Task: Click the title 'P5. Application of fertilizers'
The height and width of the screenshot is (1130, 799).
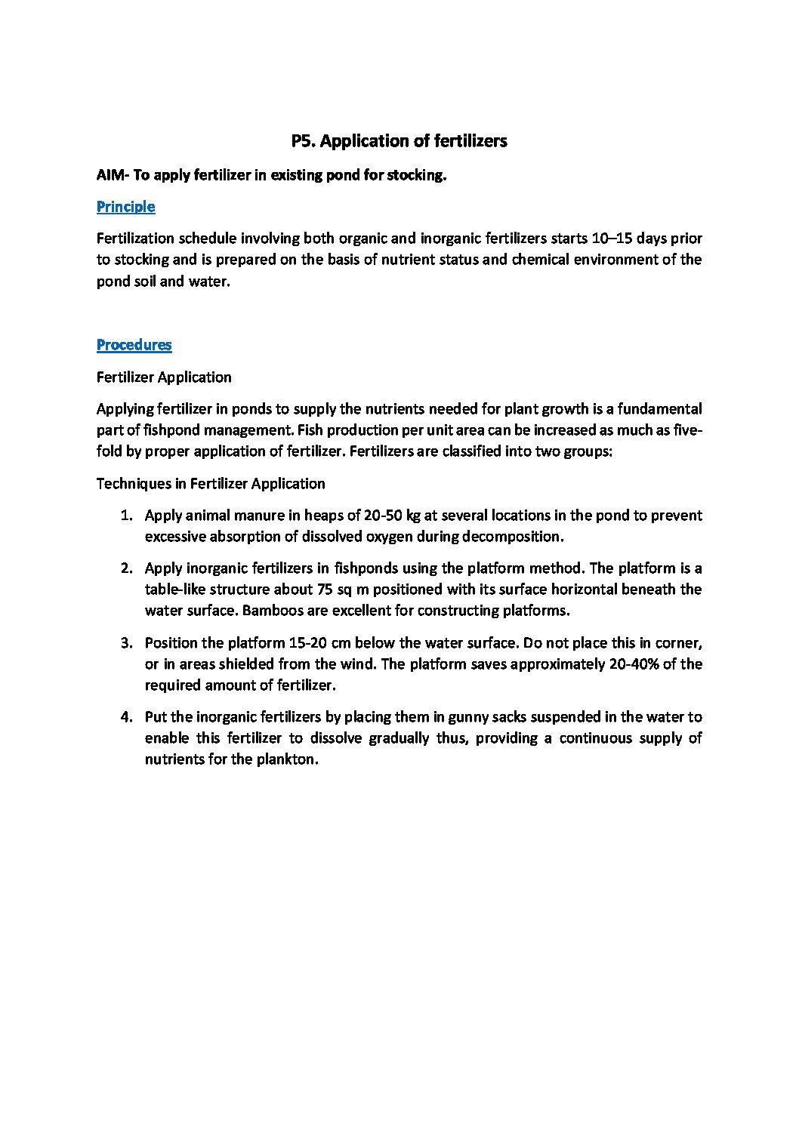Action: pyautogui.click(x=399, y=141)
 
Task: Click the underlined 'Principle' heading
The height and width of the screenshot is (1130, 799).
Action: pyautogui.click(x=125, y=207)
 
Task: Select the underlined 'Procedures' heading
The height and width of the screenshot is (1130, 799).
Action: pyautogui.click(x=134, y=345)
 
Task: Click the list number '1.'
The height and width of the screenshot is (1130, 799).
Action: pyautogui.click(x=127, y=516)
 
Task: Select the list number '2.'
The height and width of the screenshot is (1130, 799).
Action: pyautogui.click(x=127, y=568)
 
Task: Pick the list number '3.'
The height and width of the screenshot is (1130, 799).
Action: pyautogui.click(x=127, y=643)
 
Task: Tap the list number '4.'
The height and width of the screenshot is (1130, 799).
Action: pyautogui.click(x=127, y=717)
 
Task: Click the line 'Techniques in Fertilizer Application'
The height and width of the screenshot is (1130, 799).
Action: pyautogui.click(x=211, y=484)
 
